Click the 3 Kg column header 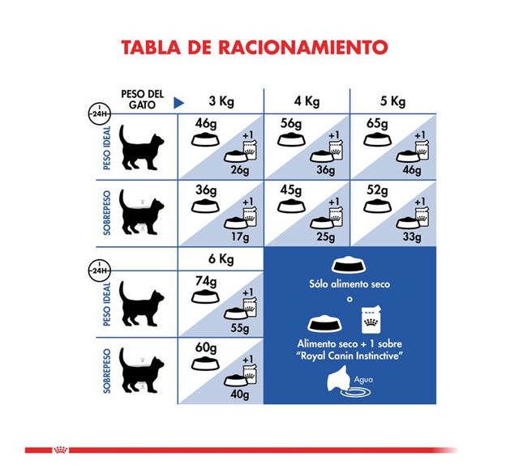point(221,101)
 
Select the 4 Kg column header point(307,101)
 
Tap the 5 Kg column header point(393,101)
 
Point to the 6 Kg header point(221,260)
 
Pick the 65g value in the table point(376,123)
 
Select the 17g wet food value point(239,237)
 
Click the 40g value point(239,394)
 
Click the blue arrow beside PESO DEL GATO point(179,103)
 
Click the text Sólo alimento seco point(350,284)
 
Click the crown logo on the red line point(60,450)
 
